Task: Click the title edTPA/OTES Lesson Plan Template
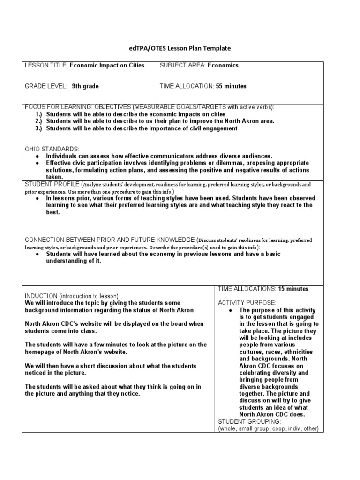pyautogui.click(x=180, y=48)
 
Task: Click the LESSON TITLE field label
pyautogui.click(x=46, y=66)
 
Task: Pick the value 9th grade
pyautogui.click(x=85, y=86)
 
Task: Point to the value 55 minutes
pyautogui.click(x=231, y=86)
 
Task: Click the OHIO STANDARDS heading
pyautogui.click(x=52, y=149)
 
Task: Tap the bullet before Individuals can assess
pyautogui.click(x=37, y=156)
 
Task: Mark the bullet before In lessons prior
pyautogui.click(x=37, y=199)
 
